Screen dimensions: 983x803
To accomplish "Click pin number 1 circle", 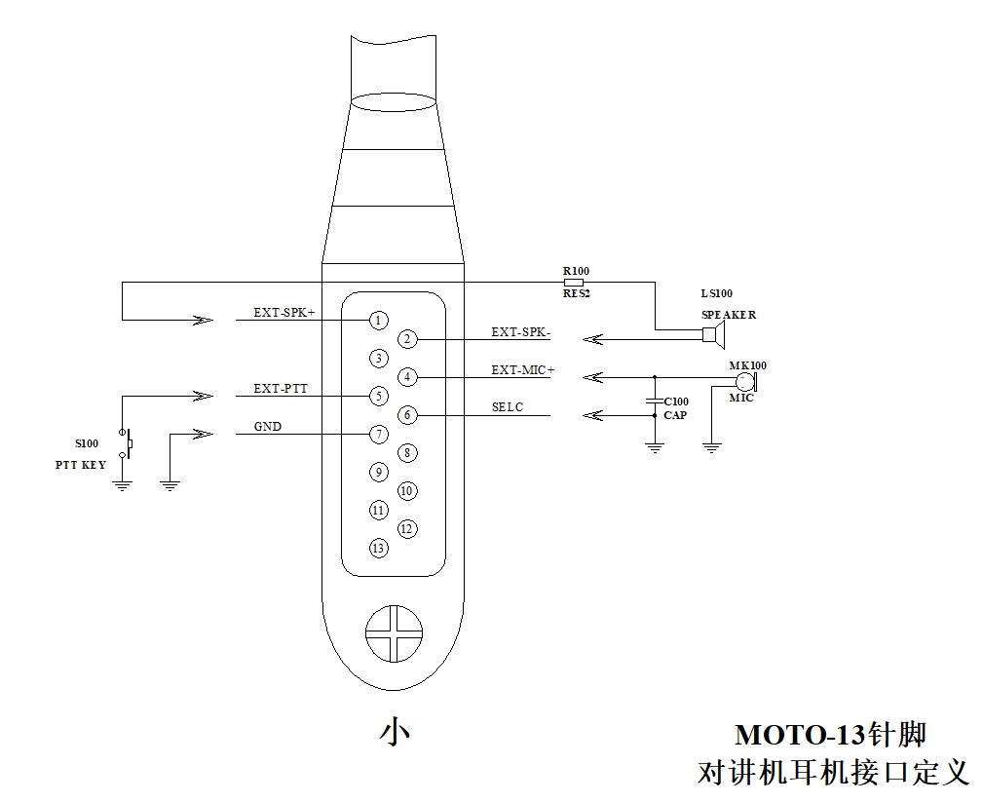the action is (x=378, y=321).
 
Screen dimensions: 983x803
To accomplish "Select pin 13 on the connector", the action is (x=378, y=549).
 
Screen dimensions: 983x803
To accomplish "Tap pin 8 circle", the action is (x=407, y=453).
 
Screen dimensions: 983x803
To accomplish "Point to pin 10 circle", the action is (x=407, y=491).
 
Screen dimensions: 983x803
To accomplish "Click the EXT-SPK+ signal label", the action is (x=284, y=312).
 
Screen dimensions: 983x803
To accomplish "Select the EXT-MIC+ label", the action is (x=523, y=370).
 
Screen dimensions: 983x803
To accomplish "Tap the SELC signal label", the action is (x=508, y=406).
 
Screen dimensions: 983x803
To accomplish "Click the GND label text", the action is (x=268, y=426).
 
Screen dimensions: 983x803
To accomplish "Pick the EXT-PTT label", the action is (x=281, y=389).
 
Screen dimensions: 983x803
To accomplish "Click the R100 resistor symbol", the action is (x=574, y=282).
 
